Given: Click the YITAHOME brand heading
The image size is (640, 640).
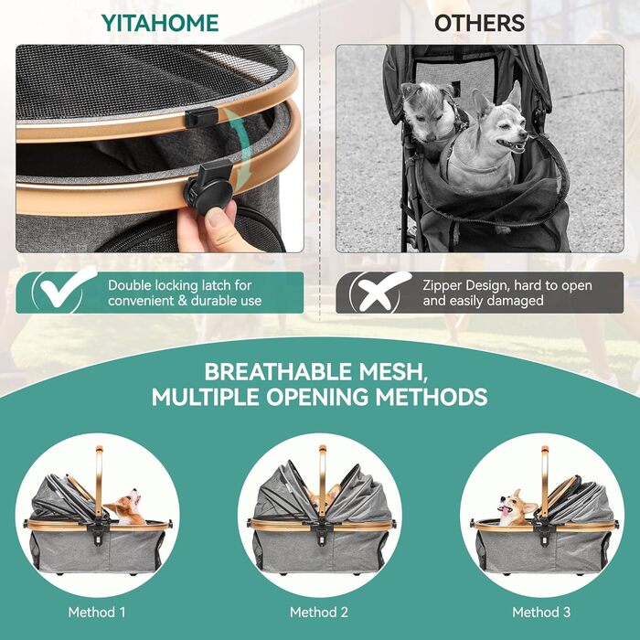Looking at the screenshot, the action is point(160,23).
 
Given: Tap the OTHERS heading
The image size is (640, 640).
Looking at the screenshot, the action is point(479,23).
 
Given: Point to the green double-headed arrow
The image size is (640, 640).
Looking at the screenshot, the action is point(240,150).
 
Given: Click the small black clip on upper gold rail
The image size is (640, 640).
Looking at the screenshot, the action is point(200,116).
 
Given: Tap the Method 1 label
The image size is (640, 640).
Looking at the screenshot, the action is point(97,612).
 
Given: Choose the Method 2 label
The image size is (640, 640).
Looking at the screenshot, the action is point(319,612).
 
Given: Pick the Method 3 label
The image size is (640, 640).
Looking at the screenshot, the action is point(541,612).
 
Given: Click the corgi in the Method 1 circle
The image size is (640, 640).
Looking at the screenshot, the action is point(126,507).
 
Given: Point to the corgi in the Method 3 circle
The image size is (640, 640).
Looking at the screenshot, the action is point(515,507).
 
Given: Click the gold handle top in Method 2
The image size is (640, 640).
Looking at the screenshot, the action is point(323,450).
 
